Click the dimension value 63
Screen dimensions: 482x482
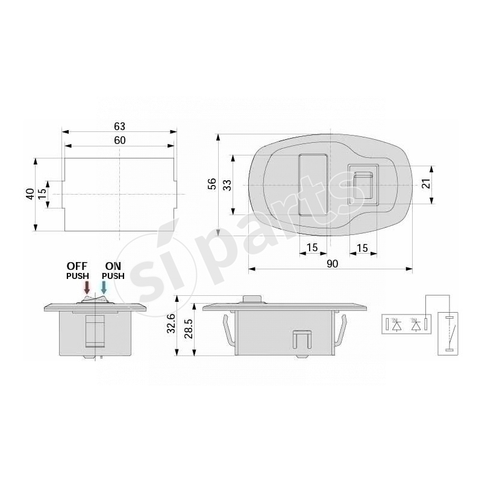pos(119,126)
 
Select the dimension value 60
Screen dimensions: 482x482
pos(119,140)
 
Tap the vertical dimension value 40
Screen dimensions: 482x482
pos(30,194)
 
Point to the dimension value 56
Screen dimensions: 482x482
pos(211,184)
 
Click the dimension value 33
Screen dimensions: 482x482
pos(227,184)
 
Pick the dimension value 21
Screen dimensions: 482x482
pos(427,184)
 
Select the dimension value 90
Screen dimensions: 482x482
pos(330,263)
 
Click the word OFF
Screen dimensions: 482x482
pos(77,266)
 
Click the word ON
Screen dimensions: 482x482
pos(113,266)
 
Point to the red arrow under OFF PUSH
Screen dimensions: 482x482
pos(87,287)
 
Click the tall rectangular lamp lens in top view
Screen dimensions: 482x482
pos(313,184)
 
